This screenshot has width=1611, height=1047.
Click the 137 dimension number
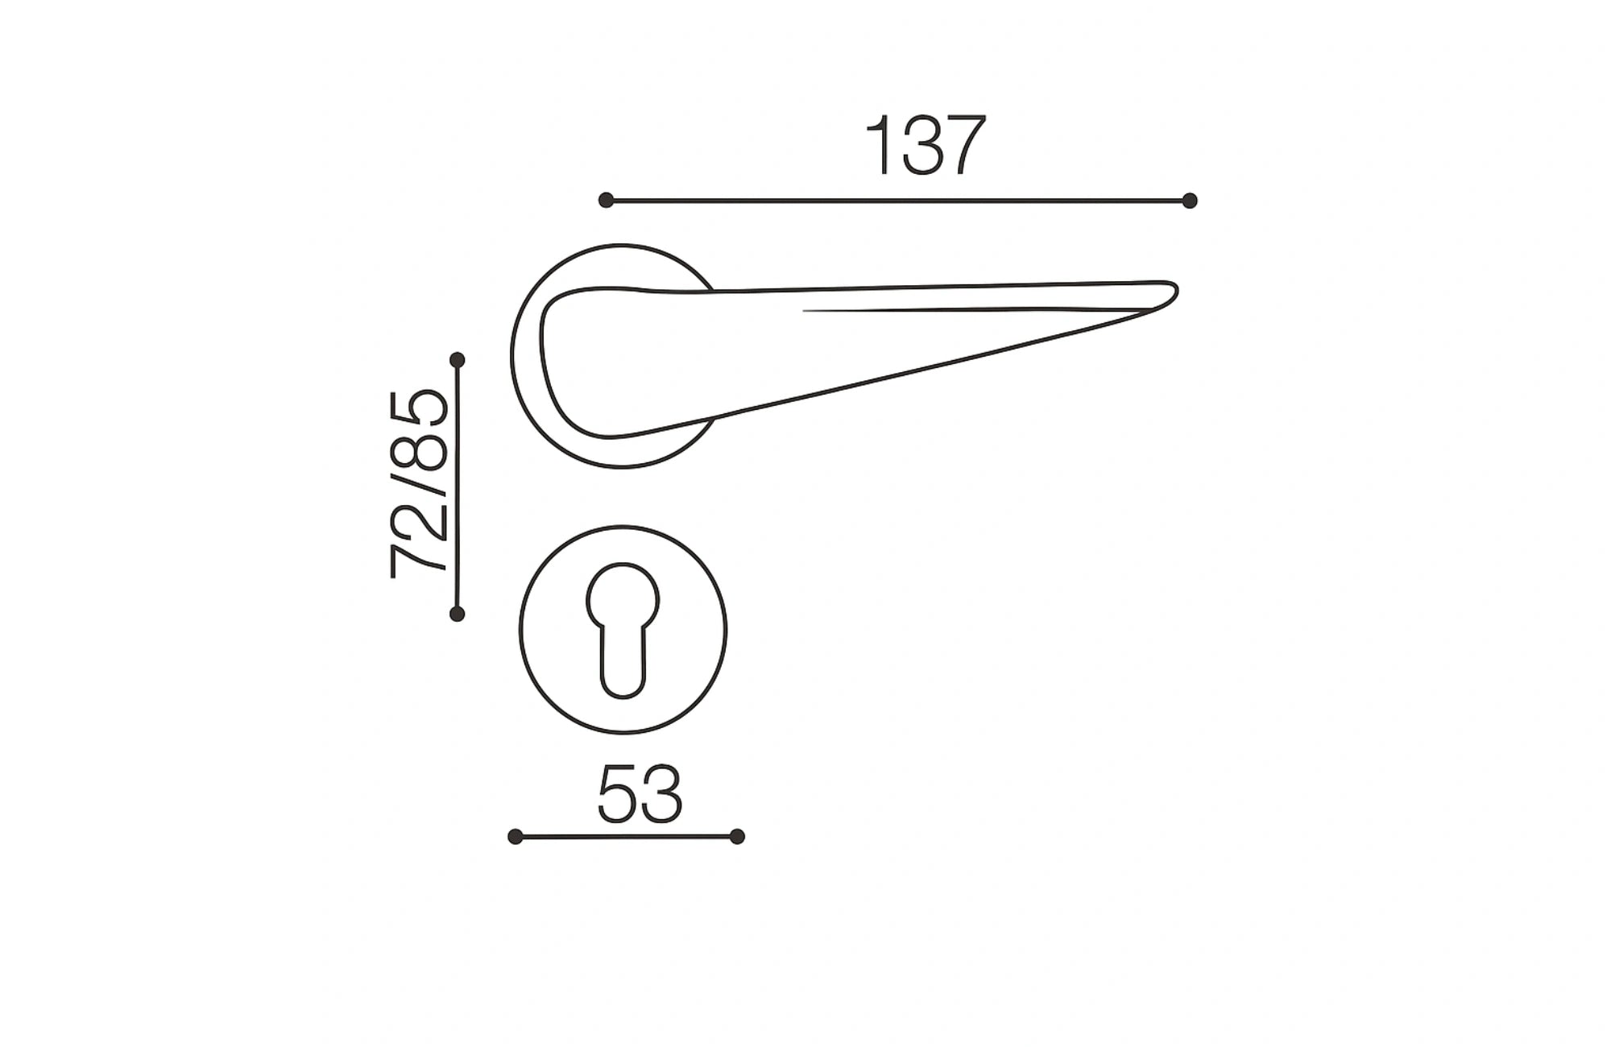[925, 146]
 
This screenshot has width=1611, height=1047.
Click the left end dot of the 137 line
[607, 201]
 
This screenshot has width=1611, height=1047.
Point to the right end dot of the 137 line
[1190, 201]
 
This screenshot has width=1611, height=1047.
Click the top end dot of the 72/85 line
[458, 359]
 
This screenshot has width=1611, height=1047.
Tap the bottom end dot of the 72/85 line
[457, 615]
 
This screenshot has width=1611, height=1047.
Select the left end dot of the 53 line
[516, 837]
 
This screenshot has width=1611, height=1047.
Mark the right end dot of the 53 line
[737, 837]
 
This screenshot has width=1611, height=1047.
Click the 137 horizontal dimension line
[898, 201]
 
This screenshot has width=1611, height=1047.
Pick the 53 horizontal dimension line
[626, 837]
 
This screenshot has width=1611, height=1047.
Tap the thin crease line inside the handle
[967, 309]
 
